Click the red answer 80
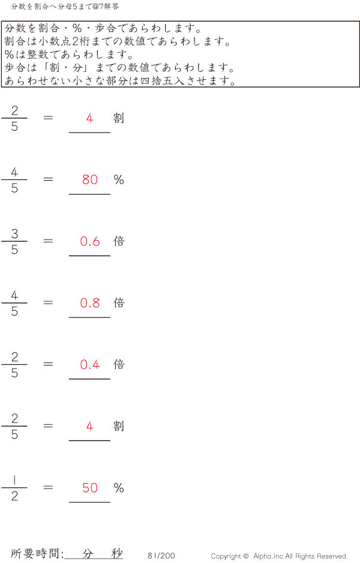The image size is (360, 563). click(x=90, y=179)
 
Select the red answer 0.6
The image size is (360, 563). click(x=90, y=241)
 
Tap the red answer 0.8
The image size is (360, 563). click(x=90, y=303)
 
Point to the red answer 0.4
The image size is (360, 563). click(x=90, y=364)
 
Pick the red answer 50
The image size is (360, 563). click(x=90, y=488)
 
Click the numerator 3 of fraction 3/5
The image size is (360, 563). click(x=14, y=234)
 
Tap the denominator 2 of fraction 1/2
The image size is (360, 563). click(x=14, y=496)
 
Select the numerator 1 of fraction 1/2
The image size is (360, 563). click(x=14, y=480)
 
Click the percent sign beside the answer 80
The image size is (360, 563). click(x=119, y=179)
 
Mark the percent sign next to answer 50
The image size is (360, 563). click(x=119, y=488)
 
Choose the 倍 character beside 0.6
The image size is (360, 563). click(x=119, y=241)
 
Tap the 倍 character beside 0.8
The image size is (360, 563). click(x=119, y=303)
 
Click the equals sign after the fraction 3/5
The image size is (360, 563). click(x=49, y=241)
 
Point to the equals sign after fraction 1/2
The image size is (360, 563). click(x=49, y=488)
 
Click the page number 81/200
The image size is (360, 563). click(x=161, y=556)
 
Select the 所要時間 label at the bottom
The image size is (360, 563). click(x=37, y=554)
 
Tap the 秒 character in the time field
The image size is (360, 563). click(x=117, y=553)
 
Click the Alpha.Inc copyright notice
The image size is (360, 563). click(x=279, y=556)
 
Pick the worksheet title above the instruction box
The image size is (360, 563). click(x=65, y=7)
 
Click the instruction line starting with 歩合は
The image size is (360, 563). click(x=119, y=68)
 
